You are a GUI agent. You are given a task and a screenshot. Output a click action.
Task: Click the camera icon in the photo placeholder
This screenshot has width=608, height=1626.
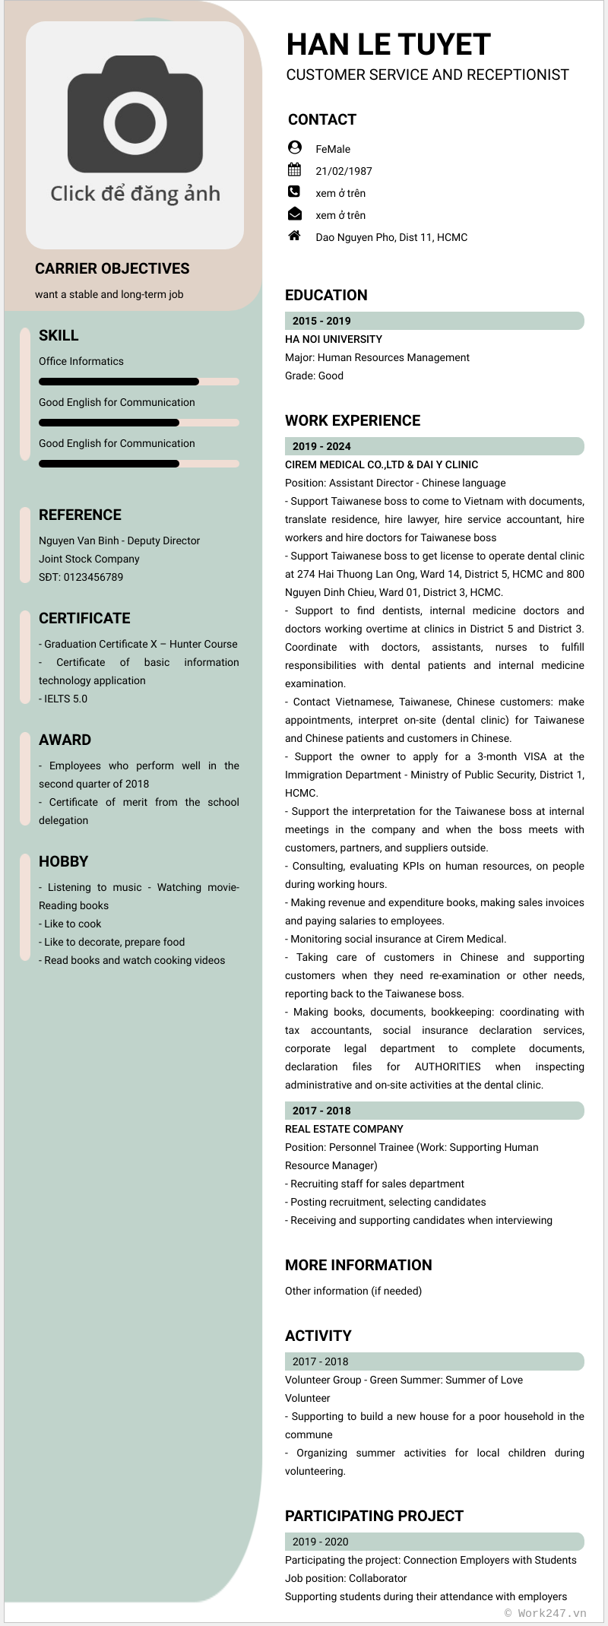tap(135, 114)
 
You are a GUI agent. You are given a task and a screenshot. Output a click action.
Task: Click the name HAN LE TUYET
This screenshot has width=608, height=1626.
tap(388, 45)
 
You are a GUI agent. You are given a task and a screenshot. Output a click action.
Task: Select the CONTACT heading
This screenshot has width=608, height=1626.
tap(322, 119)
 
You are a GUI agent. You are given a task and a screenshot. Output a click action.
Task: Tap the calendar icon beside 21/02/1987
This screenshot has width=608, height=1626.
tap(295, 170)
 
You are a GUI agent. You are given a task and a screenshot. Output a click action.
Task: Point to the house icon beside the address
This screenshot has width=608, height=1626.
tap(295, 236)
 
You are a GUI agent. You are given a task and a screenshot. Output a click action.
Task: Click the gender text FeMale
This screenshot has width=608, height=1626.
tap(333, 149)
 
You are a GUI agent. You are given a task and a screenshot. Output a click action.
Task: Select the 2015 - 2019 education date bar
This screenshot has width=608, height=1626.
tap(434, 321)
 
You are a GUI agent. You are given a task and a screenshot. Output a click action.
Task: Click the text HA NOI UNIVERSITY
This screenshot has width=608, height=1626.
tap(334, 339)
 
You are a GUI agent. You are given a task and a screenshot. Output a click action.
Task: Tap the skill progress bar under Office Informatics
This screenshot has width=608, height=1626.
tap(138, 382)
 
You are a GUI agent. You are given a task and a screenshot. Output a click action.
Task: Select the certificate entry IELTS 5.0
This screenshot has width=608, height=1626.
tap(65, 699)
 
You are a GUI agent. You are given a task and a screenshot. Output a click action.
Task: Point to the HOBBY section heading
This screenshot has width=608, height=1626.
tap(64, 861)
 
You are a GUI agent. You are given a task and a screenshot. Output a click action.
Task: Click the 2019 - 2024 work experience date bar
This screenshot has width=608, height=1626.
tap(434, 446)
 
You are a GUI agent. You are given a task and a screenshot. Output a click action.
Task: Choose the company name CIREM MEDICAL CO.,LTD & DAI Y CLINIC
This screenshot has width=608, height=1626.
tap(382, 464)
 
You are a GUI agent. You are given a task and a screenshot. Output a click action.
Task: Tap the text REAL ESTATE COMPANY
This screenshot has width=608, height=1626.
tap(344, 1129)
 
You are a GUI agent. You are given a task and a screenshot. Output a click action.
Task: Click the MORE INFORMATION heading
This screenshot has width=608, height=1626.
tap(359, 1265)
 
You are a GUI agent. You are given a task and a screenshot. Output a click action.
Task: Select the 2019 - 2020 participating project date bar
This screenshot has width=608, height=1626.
tap(434, 1542)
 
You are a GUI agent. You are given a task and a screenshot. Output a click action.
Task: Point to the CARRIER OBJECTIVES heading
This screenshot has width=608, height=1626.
tap(112, 268)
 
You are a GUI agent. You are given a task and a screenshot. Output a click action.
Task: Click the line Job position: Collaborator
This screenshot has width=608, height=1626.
tap(346, 1578)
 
